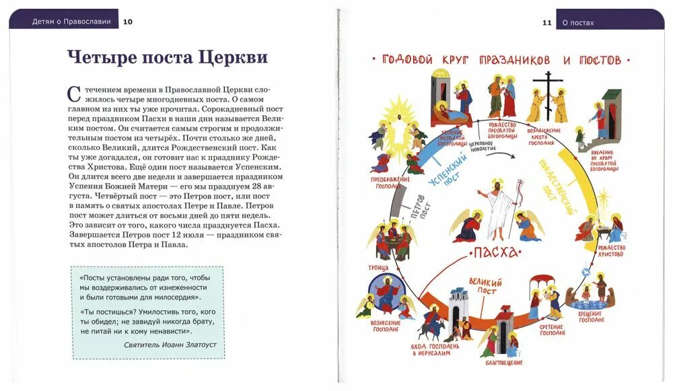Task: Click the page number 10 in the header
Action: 128,22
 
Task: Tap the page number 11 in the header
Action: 547,22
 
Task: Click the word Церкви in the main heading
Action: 232,58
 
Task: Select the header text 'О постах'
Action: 578,22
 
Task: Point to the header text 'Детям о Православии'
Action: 71,22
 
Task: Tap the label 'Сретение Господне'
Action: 551,330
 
